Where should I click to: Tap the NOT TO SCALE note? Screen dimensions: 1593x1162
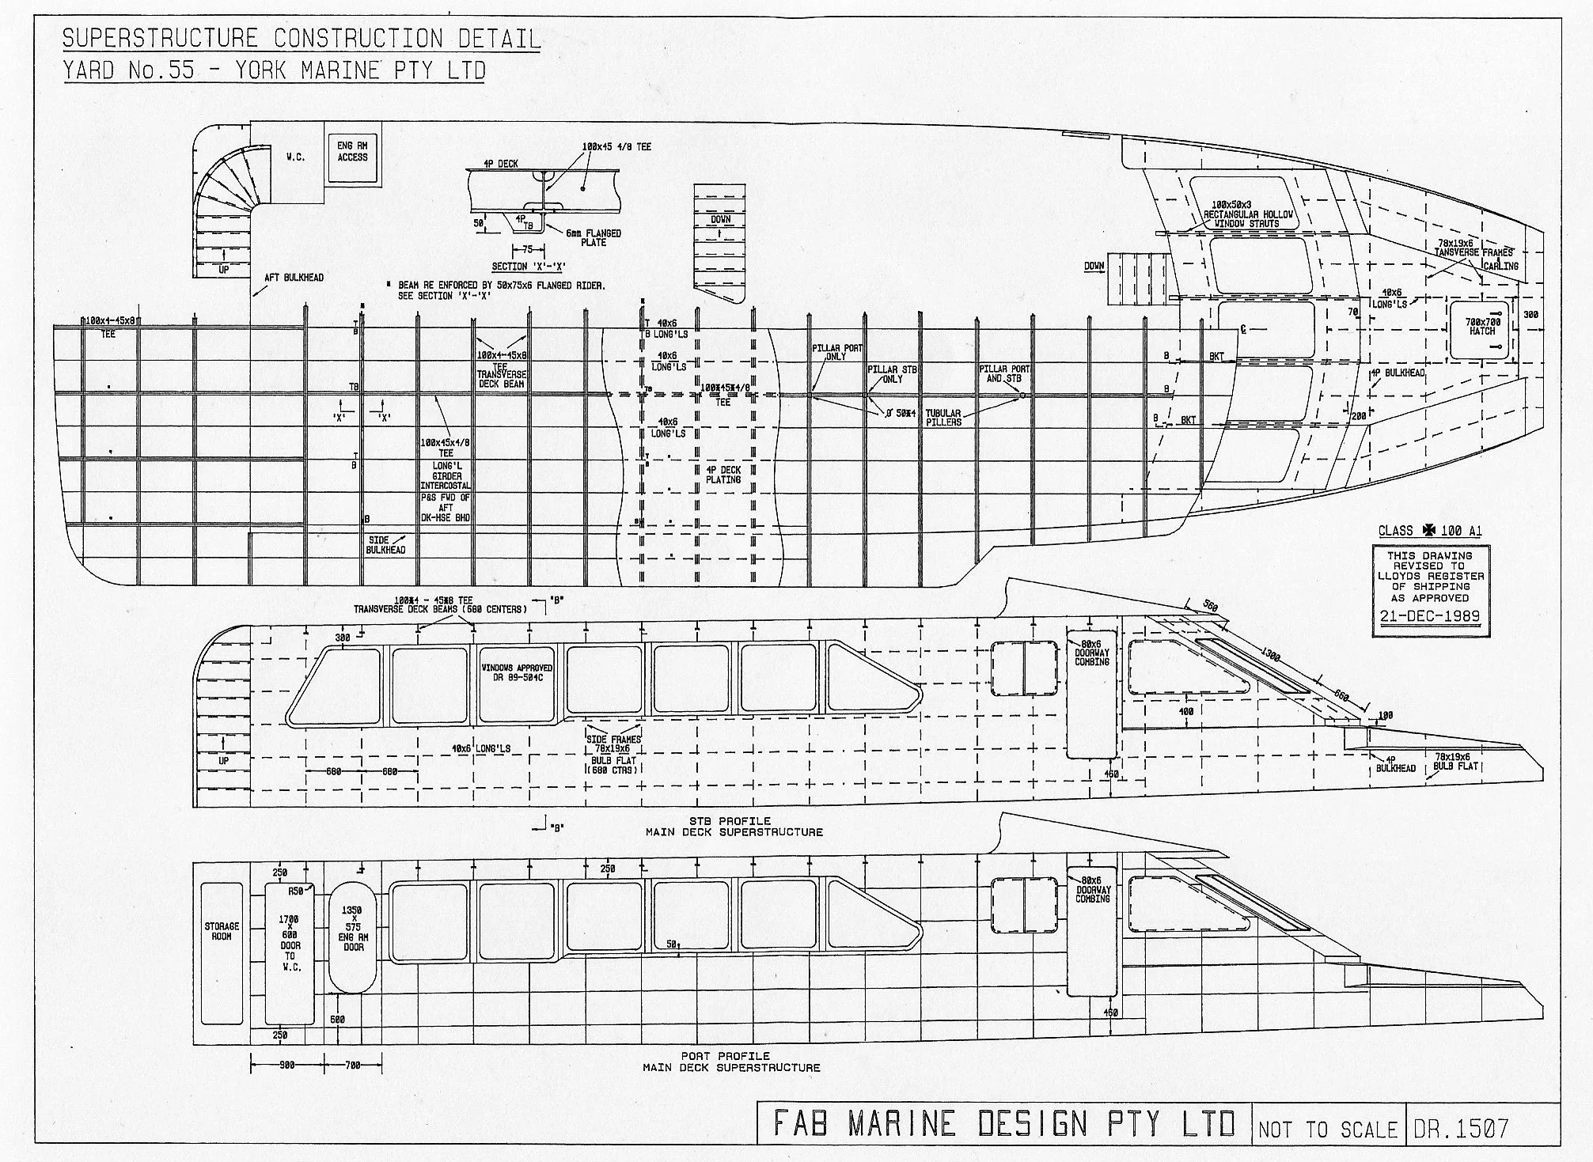[1326, 1129]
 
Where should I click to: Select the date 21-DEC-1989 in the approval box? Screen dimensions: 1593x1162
[1430, 617]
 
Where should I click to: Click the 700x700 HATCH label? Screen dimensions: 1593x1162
[1482, 327]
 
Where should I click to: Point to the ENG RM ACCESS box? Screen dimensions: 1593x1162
[352, 152]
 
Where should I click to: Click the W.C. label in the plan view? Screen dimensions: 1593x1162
[295, 157]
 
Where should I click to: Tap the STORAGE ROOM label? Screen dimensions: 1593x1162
[222, 931]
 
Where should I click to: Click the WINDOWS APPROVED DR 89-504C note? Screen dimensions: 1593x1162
[517, 673]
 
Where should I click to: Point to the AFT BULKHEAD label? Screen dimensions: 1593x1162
[294, 278]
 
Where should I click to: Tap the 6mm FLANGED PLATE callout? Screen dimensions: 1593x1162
[593, 237]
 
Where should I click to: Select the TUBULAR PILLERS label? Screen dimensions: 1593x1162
[943, 418]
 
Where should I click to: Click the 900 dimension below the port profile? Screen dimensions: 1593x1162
[286, 1065]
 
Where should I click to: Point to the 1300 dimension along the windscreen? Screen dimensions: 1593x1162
[1270, 656]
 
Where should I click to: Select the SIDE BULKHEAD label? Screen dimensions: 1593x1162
[385, 545]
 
